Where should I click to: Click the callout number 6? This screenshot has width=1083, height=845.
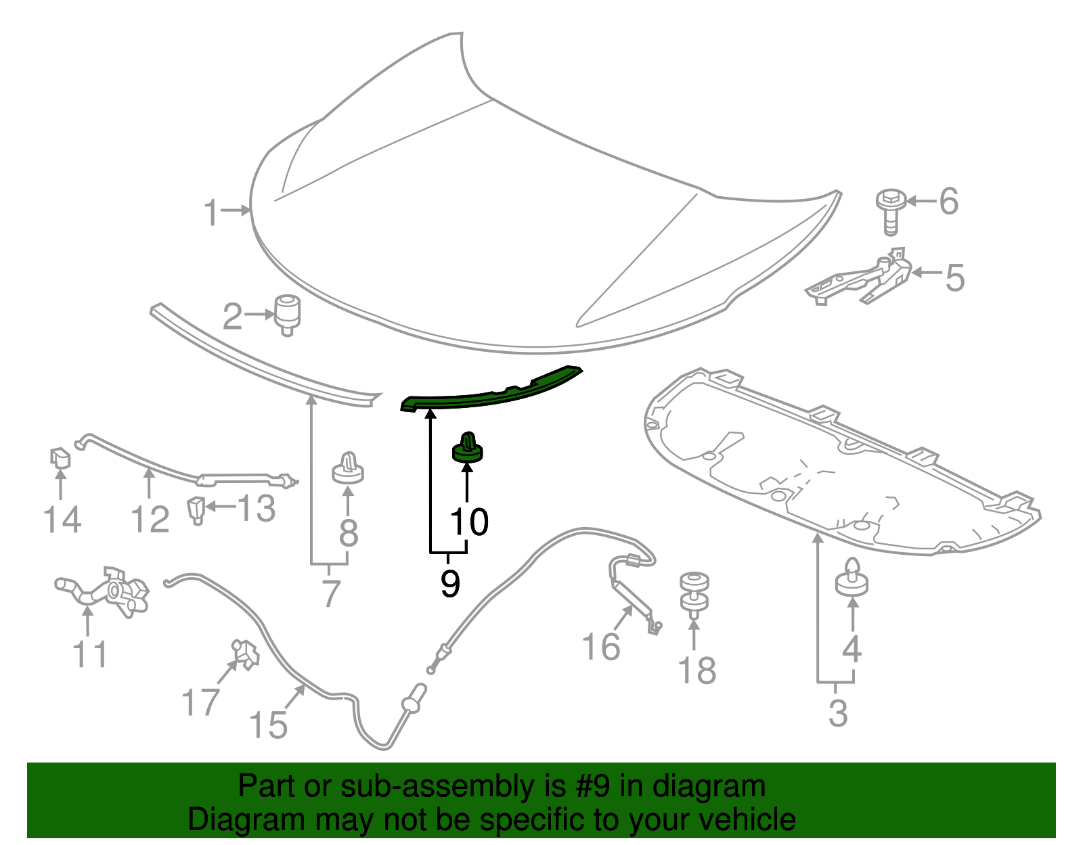point(949,202)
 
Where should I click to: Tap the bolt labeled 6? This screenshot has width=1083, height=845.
point(890,210)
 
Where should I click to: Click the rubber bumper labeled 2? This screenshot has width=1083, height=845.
point(287,313)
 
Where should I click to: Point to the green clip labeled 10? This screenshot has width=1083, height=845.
point(467,448)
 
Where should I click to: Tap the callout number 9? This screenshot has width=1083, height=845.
point(450,583)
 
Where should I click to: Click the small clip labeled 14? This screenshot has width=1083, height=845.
point(60,458)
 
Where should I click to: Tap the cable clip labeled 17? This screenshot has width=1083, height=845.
point(245,654)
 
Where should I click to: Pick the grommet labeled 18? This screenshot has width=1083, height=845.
point(694,593)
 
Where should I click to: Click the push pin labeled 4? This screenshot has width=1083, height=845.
point(852,578)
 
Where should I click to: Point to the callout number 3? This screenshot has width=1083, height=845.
point(838,713)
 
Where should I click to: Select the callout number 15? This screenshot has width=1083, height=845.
point(269,725)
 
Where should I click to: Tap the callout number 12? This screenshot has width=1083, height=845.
point(150,520)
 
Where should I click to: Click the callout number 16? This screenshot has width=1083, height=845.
point(601,647)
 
